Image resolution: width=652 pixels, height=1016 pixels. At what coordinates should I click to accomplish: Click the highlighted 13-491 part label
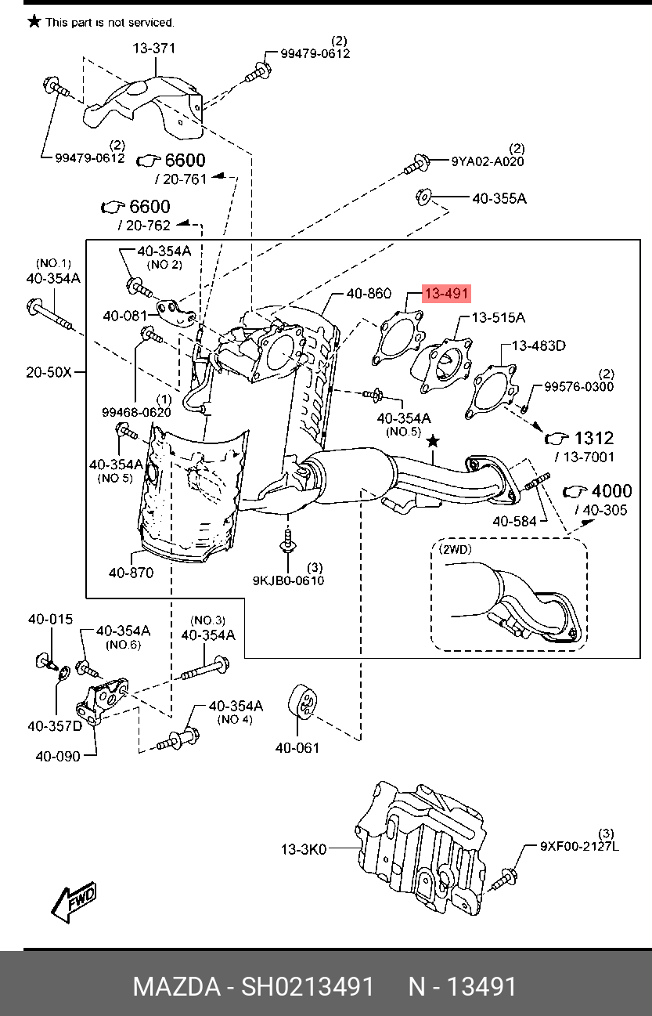[x=446, y=294]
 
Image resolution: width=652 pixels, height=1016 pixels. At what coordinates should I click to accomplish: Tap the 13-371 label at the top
[x=154, y=48]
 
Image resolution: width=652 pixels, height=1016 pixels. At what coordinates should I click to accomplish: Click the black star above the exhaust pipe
[x=433, y=440]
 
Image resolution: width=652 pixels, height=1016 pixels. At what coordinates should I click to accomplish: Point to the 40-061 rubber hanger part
[x=302, y=702]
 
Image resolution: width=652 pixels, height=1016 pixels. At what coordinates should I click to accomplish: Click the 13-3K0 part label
[x=304, y=849]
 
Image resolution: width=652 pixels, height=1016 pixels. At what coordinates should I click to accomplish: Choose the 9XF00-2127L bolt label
[x=579, y=846]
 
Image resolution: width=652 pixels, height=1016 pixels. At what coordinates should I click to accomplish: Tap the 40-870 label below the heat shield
[x=131, y=573]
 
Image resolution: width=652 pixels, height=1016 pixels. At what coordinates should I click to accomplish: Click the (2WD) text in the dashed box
[x=456, y=549]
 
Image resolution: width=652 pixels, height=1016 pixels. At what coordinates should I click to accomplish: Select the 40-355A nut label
[x=499, y=198]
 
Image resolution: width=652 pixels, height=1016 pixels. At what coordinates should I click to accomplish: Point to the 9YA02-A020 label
[x=488, y=161]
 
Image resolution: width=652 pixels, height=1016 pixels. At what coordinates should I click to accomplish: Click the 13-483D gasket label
[x=539, y=345]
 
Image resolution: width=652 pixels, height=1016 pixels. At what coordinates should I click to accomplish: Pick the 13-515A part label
[x=499, y=317]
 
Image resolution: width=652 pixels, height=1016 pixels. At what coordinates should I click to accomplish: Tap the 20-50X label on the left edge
[x=49, y=372]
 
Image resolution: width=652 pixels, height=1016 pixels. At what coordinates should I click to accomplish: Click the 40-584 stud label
[x=514, y=522]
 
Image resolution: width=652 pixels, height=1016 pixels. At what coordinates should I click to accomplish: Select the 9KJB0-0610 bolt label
[x=288, y=580]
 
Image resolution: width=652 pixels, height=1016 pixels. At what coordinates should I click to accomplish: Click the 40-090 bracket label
[x=58, y=756]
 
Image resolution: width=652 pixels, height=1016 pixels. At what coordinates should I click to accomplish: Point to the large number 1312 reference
[x=594, y=438]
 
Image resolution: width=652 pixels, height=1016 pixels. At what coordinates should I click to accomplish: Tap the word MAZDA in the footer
[x=177, y=986]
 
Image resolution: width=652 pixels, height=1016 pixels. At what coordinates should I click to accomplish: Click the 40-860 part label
[x=369, y=294]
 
